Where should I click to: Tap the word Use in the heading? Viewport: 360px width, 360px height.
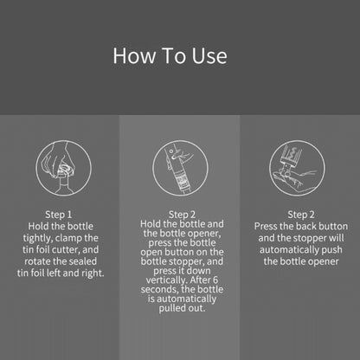pos(208,56)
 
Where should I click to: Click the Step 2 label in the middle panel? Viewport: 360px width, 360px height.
pos(182,212)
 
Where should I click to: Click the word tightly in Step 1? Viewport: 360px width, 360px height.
pos(44,237)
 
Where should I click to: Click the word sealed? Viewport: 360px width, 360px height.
pos(92,261)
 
